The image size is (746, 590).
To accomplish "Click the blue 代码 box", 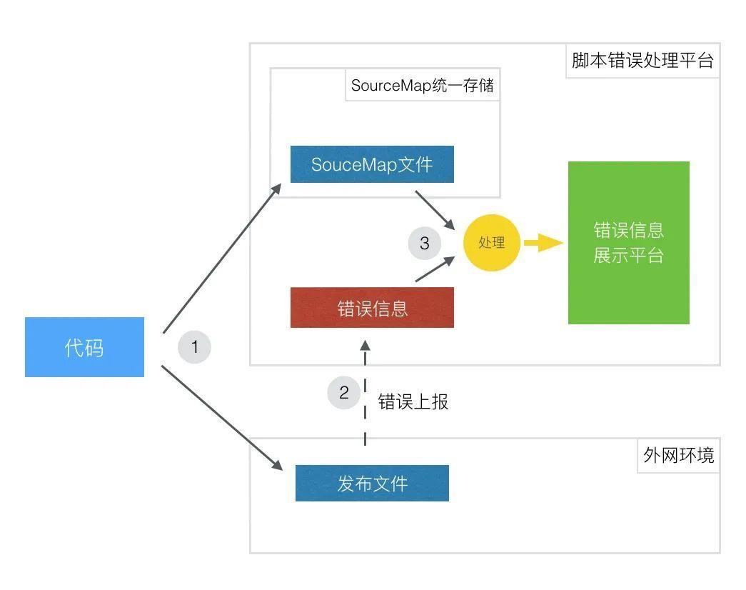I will [x=84, y=347].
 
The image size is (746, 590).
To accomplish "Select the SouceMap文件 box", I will [x=372, y=164].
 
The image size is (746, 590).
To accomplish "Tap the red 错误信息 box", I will [x=372, y=308].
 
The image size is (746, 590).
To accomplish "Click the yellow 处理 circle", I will [x=492, y=243].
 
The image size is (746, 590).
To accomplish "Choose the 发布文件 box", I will [x=372, y=484].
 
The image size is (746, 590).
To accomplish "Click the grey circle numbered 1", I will [x=194, y=347].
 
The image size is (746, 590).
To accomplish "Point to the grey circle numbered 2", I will [x=344, y=392].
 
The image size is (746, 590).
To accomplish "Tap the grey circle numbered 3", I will [x=425, y=244].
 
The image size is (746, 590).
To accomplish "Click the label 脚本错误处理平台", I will [x=642, y=60].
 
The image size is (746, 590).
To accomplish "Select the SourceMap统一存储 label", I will [x=422, y=86].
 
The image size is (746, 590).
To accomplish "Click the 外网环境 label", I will [x=678, y=455].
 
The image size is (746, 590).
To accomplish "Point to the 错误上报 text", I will [x=413, y=401].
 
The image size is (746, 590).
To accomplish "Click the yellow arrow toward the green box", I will [x=543, y=243].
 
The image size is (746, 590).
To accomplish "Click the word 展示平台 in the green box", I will [x=628, y=256].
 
